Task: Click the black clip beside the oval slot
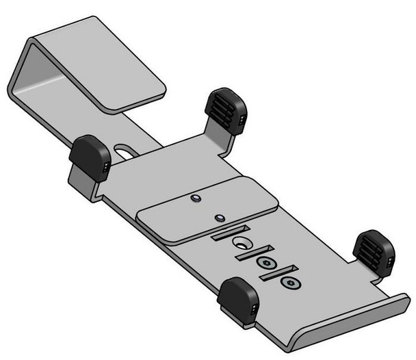click(89, 157)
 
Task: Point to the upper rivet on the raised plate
click(195, 198)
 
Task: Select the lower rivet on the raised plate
click(219, 218)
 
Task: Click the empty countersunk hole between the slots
click(242, 244)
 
